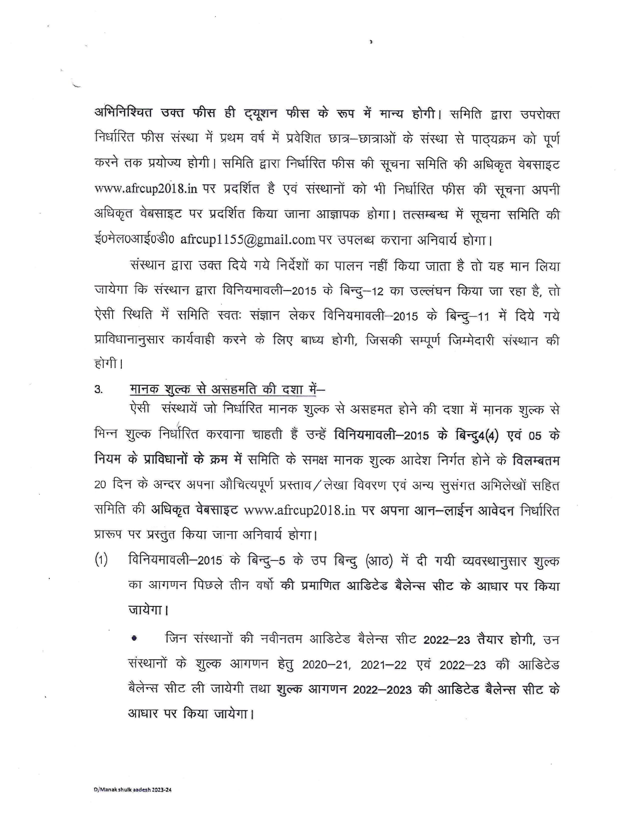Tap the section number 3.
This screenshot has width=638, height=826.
pos(98,389)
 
